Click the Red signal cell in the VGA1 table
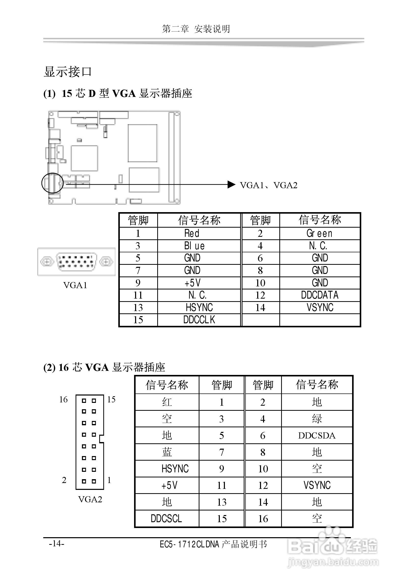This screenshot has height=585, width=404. pyautogui.click(x=192, y=233)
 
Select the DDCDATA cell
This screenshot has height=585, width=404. pyautogui.click(x=320, y=295)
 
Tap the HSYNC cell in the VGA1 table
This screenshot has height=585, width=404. pyautogui.click(x=199, y=308)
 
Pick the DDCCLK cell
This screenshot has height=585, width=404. pyautogui.click(x=199, y=320)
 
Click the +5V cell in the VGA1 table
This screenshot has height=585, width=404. pyautogui.click(x=193, y=283)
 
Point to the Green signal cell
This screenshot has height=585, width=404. pyautogui.click(x=320, y=233)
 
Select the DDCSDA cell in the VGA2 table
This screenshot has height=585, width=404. pyautogui.click(x=317, y=435)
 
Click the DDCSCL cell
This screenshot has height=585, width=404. pyautogui.click(x=166, y=518)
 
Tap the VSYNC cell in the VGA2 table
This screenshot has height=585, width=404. pyautogui.click(x=317, y=485)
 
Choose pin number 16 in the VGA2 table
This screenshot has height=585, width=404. pyautogui.click(x=263, y=518)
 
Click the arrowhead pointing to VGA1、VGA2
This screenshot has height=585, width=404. pyautogui.click(x=231, y=184)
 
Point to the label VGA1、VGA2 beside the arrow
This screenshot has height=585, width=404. pyautogui.click(x=268, y=185)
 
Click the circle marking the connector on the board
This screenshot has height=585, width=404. pyautogui.click(x=52, y=183)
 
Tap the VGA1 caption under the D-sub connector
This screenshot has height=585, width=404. pyautogui.click(x=75, y=285)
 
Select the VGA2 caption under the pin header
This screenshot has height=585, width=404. pyautogui.click(x=90, y=499)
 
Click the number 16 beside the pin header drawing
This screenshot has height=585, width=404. pyautogui.click(x=63, y=400)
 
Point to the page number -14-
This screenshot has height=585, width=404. pyautogui.click(x=56, y=543)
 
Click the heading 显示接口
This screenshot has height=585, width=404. pyautogui.click(x=67, y=72)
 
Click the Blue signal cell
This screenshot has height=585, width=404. pyautogui.click(x=194, y=246)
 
